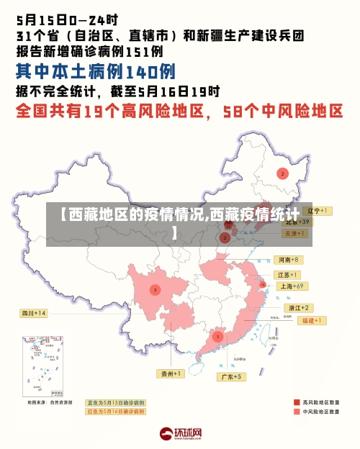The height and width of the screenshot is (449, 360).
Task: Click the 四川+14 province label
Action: pos(33,313)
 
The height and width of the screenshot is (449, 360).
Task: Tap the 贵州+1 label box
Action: pos(171,373)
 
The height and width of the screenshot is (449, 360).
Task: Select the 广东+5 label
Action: pos(231,376)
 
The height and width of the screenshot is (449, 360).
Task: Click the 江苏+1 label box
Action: pos(288,275)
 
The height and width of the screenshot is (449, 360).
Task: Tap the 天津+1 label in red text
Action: pos(297,233)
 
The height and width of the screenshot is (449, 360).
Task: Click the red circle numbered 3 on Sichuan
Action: pos(155,289)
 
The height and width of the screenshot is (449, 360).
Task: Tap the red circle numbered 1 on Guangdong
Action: pos(217,336)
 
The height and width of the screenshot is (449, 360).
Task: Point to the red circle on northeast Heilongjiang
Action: pos(282,173)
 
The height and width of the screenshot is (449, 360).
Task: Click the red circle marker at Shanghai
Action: pos(264,285)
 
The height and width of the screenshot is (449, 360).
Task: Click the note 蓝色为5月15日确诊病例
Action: pos(115,402)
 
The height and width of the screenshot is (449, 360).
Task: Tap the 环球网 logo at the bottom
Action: pos(180,433)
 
